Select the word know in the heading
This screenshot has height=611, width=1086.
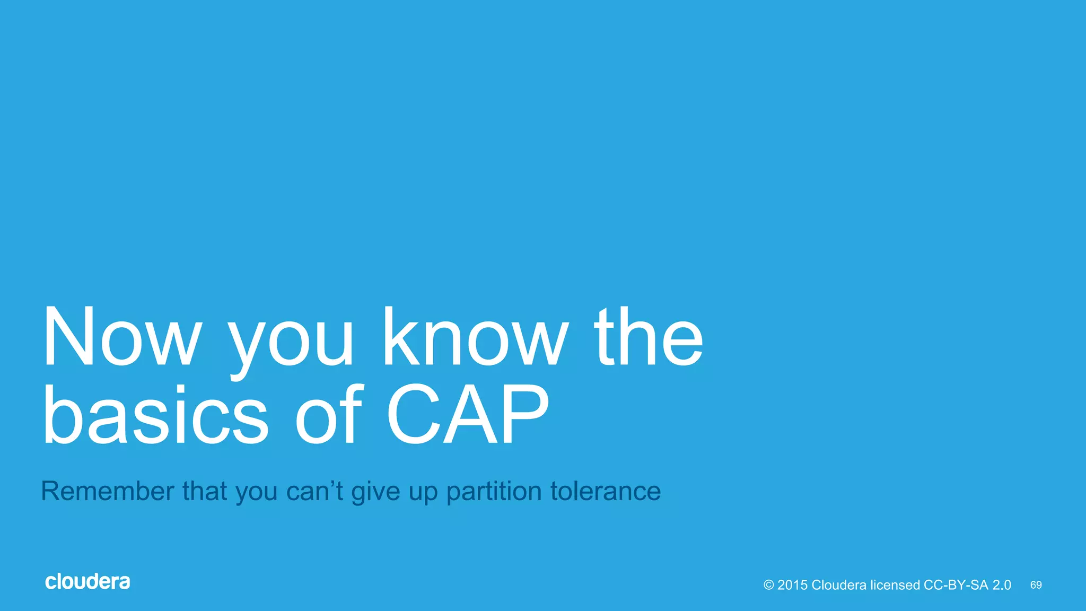click(x=475, y=338)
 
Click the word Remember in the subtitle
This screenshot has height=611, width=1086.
click(x=108, y=491)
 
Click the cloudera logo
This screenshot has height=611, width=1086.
click(x=87, y=582)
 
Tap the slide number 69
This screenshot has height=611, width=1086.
click(x=1036, y=585)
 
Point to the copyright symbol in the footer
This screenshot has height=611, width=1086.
click(x=769, y=585)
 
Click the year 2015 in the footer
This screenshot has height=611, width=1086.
click(x=792, y=585)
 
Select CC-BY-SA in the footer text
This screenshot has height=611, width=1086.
click(x=956, y=585)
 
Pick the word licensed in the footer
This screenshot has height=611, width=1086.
click(x=895, y=585)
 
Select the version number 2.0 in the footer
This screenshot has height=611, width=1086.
click(x=1002, y=585)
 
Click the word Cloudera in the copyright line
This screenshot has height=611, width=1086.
click(x=839, y=585)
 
